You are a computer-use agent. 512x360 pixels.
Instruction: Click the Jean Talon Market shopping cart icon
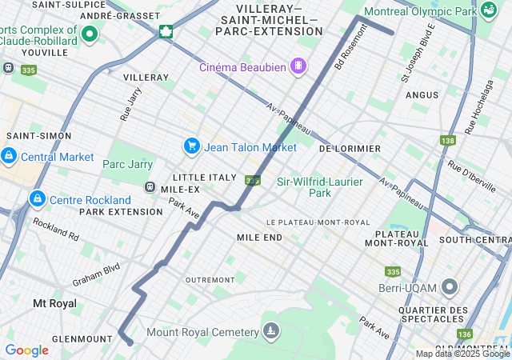191,146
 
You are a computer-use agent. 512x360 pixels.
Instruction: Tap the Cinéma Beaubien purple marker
298,66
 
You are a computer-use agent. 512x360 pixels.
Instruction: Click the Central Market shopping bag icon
9,155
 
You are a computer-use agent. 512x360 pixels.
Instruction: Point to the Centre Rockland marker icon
36,198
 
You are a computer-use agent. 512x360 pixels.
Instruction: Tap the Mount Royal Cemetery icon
272,331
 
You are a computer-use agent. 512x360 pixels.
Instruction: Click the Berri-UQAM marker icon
450,286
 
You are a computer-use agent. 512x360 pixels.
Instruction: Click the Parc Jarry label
127,164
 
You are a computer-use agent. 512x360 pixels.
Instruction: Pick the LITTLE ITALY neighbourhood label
205,177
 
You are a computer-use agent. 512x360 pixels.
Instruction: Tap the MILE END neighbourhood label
259,238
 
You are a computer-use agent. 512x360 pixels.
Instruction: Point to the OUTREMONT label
210,279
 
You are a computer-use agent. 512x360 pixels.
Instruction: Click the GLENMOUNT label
82,338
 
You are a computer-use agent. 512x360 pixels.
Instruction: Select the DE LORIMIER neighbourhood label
350,149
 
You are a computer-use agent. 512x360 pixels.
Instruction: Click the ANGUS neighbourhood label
422,95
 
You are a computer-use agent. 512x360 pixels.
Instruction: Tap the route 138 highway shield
447,141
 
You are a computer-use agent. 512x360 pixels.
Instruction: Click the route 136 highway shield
465,334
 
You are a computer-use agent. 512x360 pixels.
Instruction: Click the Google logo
26,350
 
